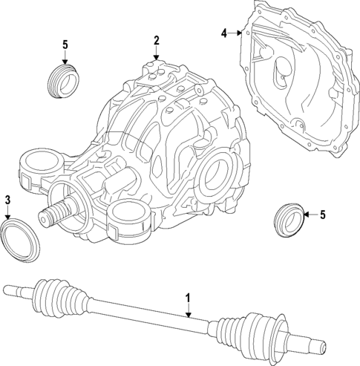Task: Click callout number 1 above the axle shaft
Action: (x=188, y=298)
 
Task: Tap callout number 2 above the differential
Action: (x=156, y=40)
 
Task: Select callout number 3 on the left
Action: (x=7, y=200)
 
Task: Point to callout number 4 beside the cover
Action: (x=225, y=33)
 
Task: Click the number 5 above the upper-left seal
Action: (x=65, y=45)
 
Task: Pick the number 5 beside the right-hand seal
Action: (x=322, y=215)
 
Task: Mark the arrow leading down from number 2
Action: (x=156, y=53)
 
